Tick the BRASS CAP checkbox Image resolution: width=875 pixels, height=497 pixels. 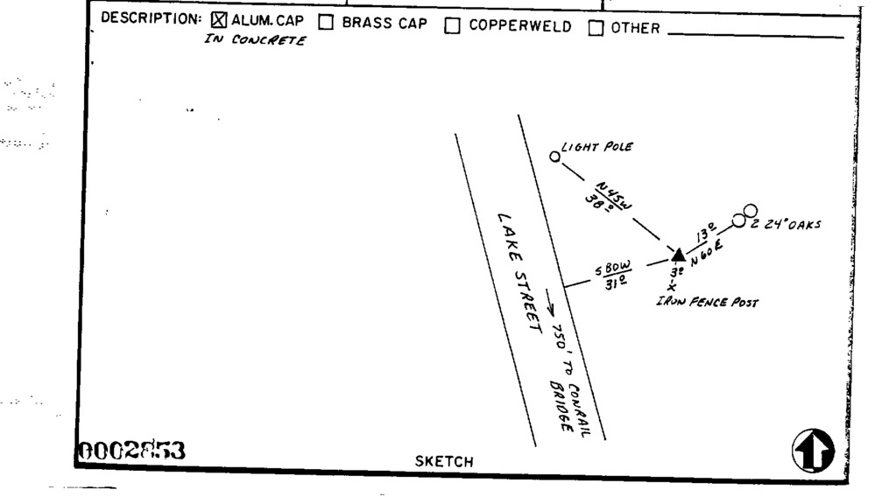[x=325, y=24]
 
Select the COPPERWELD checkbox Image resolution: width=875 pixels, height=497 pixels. [x=452, y=26]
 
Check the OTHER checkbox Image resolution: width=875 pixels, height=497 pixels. [x=596, y=28]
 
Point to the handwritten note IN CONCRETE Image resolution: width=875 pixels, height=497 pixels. [x=255, y=42]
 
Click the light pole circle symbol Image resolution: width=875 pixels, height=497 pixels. [x=554, y=157]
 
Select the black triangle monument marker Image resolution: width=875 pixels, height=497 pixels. [x=678, y=254]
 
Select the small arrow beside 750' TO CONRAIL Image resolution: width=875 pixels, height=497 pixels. [x=551, y=304]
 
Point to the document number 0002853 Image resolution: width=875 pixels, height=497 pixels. [x=132, y=451]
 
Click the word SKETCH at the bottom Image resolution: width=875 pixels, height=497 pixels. [x=444, y=461]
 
